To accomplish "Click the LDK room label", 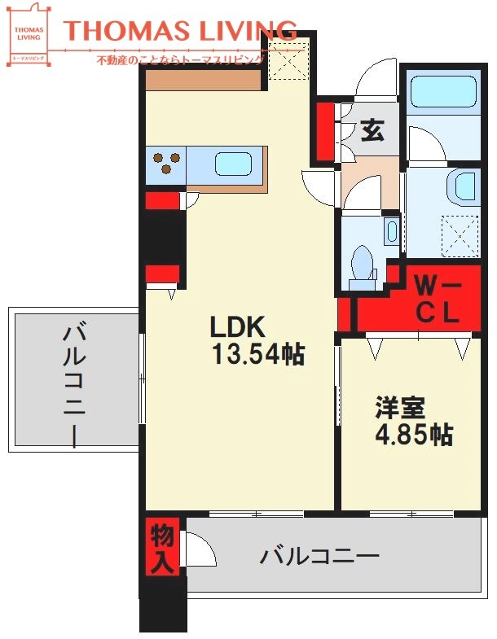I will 238,327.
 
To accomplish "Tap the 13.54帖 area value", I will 257,354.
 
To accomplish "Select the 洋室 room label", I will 401,406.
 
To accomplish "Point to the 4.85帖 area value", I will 413,434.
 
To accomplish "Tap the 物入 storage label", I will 161,547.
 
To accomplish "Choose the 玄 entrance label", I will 372,131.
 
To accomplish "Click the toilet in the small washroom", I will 362,267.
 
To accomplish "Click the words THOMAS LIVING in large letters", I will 180,32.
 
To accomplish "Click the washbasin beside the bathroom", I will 464,186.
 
